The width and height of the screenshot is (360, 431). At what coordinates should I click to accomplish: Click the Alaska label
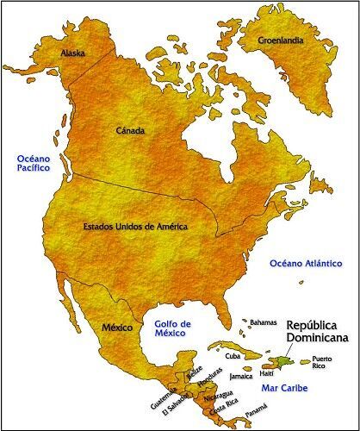pyautogui.click(x=72, y=53)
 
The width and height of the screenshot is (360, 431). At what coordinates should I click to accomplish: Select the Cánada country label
pyautogui.click(x=130, y=131)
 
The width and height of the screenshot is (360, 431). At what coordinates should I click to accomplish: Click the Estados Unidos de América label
pyautogui.click(x=135, y=227)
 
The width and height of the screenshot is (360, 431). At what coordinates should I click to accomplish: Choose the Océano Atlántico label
pyautogui.click(x=300, y=263)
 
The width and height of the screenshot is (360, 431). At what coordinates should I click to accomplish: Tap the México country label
pyautogui.click(x=116, y=328)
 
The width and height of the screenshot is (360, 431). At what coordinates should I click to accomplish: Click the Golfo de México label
pyautogui.click(x=172, y=329)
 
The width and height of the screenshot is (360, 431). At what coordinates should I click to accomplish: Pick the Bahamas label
pyautogui.click(x=264, y=322)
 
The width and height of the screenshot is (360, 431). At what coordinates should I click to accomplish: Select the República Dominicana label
pyautogui.click(x=318, y=333)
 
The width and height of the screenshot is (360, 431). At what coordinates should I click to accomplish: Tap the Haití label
pyautogui.click(x=270, y=372)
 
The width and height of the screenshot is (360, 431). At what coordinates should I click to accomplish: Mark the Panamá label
pyautogui.click(x=256, y=414)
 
